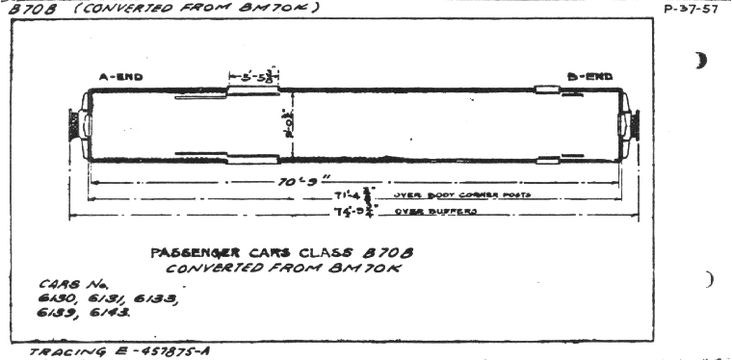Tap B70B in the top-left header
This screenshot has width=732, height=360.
pos(25,9)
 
